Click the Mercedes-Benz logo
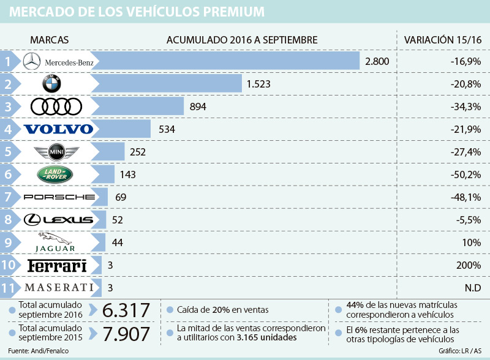click(x=58, y=61)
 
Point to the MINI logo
click(x=58, y=151)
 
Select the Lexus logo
click(x=58, y=219)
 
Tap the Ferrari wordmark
click(x=58, y=265)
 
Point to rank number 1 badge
click(x=7, y=61)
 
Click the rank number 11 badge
click(x=7, y=287)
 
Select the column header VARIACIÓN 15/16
click(x=442, y=40)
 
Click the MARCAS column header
click(x=49, y=40)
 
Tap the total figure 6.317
click(x=126, y=310)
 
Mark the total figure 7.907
click(x=126, y=334)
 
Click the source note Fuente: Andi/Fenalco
click(x=37, y=352)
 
